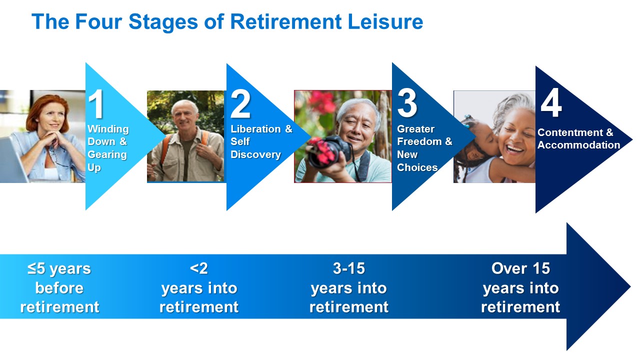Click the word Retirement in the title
pos(285,21)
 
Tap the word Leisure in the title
pos(385,21)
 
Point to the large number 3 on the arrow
pos(407,103)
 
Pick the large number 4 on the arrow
pos(551,103)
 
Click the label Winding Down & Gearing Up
pos(108,148)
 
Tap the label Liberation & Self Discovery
pos(261,141)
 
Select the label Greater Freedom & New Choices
pos(424,148)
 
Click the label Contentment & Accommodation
pos(578,138)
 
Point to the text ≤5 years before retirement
pos(59,287)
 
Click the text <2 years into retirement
pos(199,287)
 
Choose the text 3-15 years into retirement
pos(349,287)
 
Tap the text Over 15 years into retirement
pos(520,287)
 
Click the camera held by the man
pos(329,151)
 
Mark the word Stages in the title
pos(163,22)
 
